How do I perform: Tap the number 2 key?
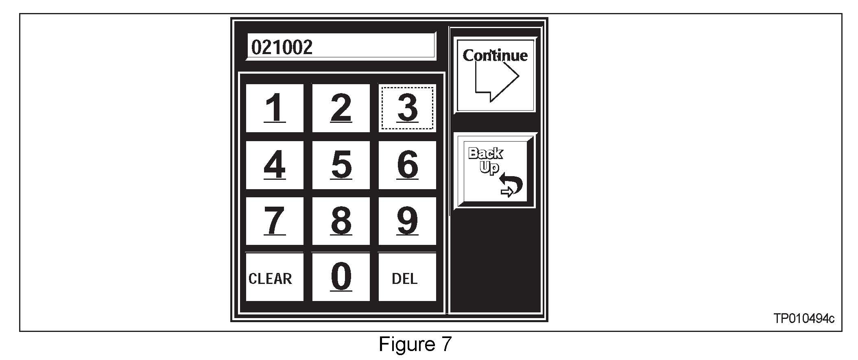point(341,108)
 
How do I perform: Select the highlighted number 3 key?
point(407,108)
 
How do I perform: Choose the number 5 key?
point(341,165)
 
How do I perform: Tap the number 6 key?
point(407,165)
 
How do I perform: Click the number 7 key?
point(275,221)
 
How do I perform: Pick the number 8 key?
point(341,221)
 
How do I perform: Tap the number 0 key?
point(341,277)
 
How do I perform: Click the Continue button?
point(495,75)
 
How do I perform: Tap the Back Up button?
point(495,171)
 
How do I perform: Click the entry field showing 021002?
point(341,47)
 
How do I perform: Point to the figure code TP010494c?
point(803,319)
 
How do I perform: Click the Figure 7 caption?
point(415,345)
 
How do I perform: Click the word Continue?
point(495,56)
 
